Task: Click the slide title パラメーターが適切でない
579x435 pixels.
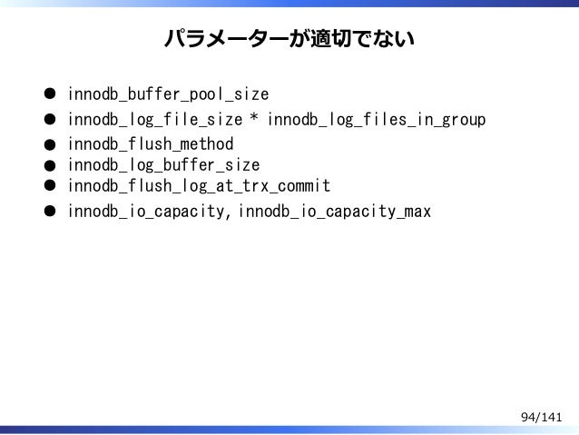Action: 289,40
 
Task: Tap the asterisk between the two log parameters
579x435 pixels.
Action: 255,118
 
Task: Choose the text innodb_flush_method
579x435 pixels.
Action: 150,143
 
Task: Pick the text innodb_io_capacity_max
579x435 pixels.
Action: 335,213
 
